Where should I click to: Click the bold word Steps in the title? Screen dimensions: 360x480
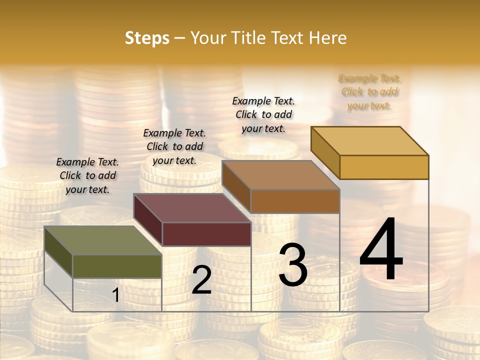click(147, 38)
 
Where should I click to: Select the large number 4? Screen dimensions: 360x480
click(381, 250)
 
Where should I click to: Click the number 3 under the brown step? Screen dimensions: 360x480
click(292, 265)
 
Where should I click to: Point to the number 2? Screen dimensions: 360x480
click(201, 280)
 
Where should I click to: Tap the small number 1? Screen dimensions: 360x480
click(115, 295)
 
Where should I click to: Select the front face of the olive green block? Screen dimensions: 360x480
click(117, 266)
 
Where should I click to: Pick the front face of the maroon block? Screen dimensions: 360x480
click(206, 234)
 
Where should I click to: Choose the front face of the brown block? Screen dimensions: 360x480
click(295, 201)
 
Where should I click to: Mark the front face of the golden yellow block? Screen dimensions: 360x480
click(384, 167)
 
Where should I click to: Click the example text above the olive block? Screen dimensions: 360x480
click(87, 175)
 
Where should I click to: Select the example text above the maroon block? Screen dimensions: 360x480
click(174, 146)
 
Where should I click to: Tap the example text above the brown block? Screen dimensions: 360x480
click(263, 114)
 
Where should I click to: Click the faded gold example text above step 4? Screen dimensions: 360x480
click(369, 92)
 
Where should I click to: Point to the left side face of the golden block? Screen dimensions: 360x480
click(325, 152)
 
